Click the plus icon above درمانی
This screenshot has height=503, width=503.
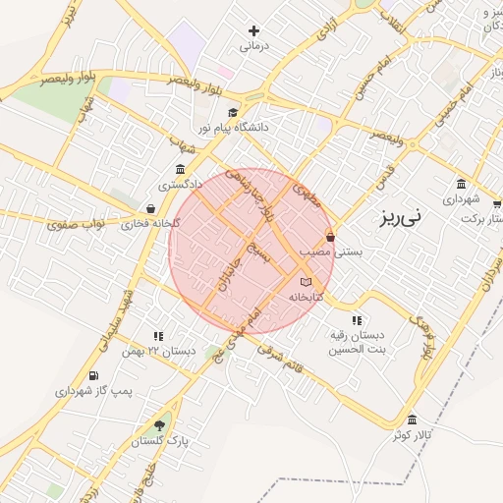click(253, 31)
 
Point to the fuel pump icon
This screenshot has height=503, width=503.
click(93, 375)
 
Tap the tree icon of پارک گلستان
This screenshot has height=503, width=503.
click(159, 425)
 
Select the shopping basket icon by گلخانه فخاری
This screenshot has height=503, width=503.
click(149, 208)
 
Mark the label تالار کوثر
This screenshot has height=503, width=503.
click(414, 435)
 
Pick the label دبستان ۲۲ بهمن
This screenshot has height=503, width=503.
click(158, 351)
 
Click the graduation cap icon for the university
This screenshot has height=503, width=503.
click(233, 112)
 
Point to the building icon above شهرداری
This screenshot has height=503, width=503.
click(461, 183)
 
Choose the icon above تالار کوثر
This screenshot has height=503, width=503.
click(413, 420)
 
